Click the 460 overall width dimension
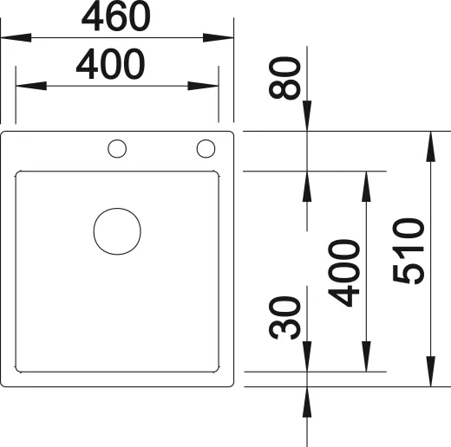pyautogui.click(x=118, y=16)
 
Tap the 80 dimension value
pyautogui.click(x=286, y=77)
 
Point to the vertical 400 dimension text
pyautogui.click(x=347, y=273)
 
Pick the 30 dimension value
pyautogui.click(x=286, y=318)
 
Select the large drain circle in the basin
pyautogui.click(x=117, y=232)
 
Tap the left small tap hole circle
pyautogui.click(x=116, y=149)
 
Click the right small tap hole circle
pyautogui.click(x=206, y=149)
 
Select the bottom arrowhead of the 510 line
pyautogui.click(x=431, y=372)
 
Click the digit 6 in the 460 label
pyautogui.click(x=118, y=16)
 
